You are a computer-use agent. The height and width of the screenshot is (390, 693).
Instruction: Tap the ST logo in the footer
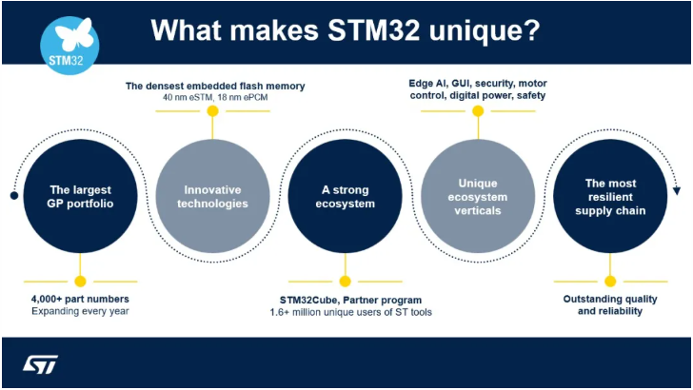pyautogui.click(x=41, y=364)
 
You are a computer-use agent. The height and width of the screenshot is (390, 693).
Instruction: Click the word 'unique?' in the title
pyautogui.click(x=485, y=30)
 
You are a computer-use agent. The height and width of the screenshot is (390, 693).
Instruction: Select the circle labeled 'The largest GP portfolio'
pyautogui.click(x=80, y=196)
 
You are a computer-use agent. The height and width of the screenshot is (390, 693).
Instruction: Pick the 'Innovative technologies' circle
pyautogui.click(x=212, y=196)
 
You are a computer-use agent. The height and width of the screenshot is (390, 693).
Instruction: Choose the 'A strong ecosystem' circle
pyautogui.click(x=345, y=196)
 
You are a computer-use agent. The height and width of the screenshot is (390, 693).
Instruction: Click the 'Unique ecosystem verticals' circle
pyautogui.click(x=478, y=196)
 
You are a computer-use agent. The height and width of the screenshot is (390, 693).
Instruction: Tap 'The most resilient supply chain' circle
pyautogui.click(x=610, y=196)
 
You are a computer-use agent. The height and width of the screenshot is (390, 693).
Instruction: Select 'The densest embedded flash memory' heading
pyautogui.click(x=215, y=86)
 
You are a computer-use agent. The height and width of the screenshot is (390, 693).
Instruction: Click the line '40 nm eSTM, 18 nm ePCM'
pyautogui.click(x=215, y=98)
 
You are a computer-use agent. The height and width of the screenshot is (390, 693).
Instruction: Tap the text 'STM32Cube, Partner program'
pyautogui.click(x=346, y=299)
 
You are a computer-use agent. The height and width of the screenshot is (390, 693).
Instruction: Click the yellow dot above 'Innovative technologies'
pyautogui.click(x=212, y=111)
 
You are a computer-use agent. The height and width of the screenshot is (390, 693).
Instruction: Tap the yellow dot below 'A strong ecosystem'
pyautogui.click(x=345, y=281)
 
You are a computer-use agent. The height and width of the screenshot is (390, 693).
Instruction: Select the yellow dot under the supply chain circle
pyautogui.click(x=610, y=281)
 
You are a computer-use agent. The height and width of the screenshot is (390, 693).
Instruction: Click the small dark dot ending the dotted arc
pyautogui.click(x=13, y=196)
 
